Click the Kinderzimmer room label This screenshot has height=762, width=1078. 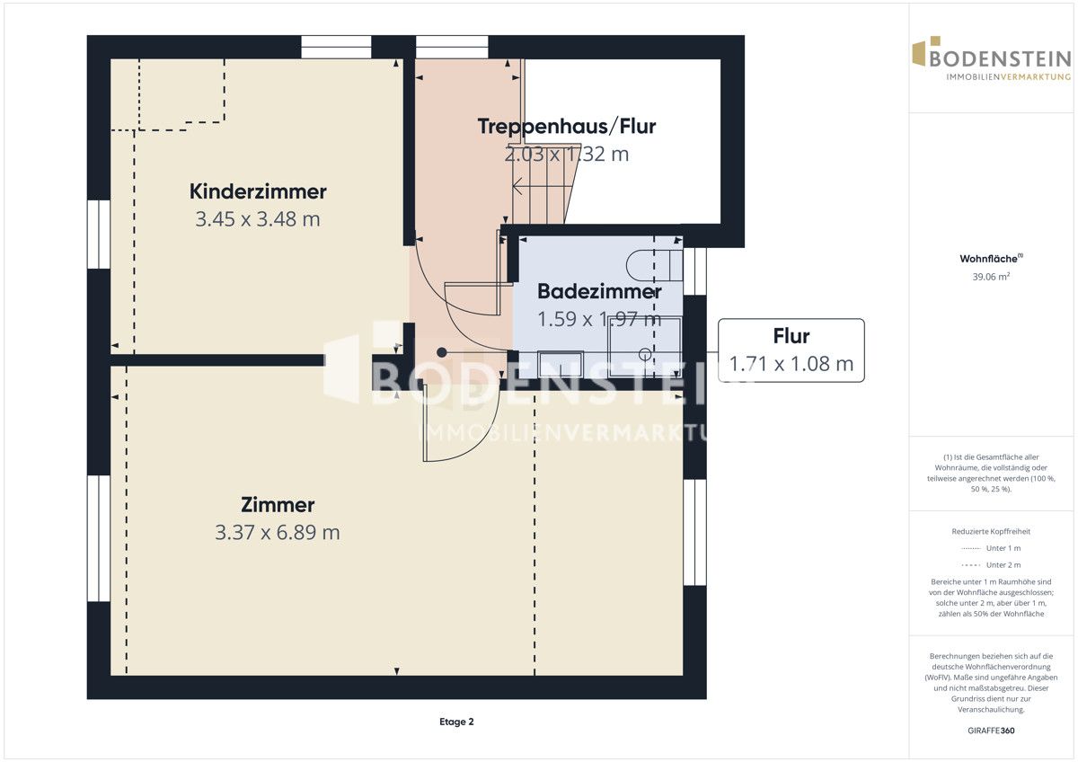click(x=258, y=191)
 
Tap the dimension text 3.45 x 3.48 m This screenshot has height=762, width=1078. click(x=258, y=219)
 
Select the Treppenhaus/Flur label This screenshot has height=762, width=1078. click(x=567, y=127)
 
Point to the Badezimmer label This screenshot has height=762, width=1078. click(x=599, y=291)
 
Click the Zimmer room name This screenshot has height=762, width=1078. click(x=278, y=505)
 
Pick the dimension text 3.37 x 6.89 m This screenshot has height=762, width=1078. click(x=278, y=532)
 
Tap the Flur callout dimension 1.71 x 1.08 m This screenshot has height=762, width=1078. click(x=791, y=364)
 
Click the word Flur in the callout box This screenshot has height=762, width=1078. click(x=791, y=336)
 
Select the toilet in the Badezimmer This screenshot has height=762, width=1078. click(x=655, y=265)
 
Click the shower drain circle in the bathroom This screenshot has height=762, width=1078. click(x=645, y=354)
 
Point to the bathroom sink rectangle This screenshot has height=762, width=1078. click(x=561, y=365)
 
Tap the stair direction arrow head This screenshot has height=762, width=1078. click(x=517, y=186)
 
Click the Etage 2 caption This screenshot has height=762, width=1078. click(x=456, y=722)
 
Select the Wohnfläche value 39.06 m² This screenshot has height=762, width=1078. click(x=991, y=277)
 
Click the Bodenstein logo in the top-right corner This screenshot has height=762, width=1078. click(x=992, y=58)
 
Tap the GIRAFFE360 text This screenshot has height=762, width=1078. click(x=991, y=731)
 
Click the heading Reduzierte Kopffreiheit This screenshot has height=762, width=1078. click(x=991, y=531)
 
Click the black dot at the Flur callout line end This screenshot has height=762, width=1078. click(x=441, y=353)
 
